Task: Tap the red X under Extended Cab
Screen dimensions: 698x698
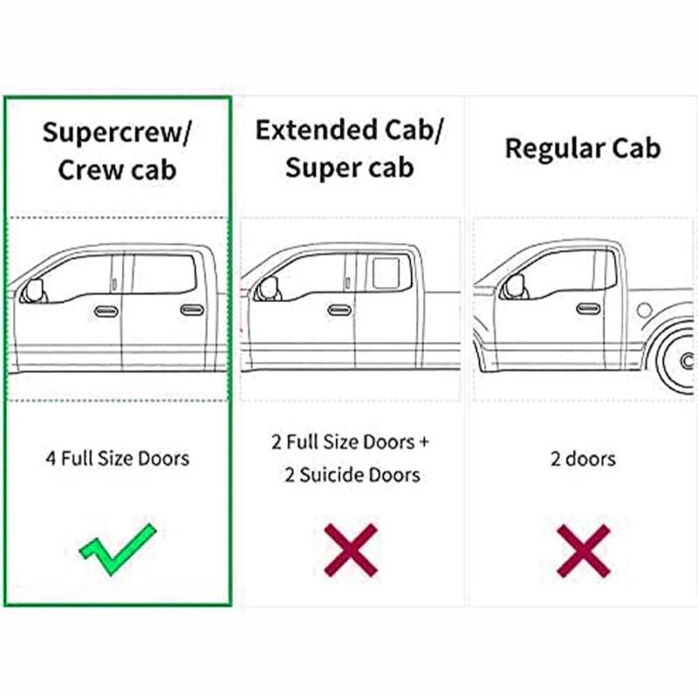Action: coord(351,551)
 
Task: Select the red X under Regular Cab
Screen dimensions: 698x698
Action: coord(583,551)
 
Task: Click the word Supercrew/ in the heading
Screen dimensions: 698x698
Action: coord(117,133)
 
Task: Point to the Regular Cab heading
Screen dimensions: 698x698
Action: coord(583,148)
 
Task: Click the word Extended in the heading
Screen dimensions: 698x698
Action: coord(317,130)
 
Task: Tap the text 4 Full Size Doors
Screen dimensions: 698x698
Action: coord(118,459)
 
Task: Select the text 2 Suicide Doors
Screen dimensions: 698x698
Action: coord(352,475)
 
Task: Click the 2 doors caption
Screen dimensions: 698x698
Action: coord(583,459)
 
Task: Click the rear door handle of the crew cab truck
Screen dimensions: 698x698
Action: coord(192,310)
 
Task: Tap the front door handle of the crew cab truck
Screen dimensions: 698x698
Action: coord(106,311)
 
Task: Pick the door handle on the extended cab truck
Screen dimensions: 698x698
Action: coord(339,310)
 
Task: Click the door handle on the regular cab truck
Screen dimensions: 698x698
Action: coord(588,309)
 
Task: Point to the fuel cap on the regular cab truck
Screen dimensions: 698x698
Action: coord(644,310)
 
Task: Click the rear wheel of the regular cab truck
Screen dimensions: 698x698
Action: coord(677,359)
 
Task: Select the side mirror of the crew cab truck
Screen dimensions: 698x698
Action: coord(34,291)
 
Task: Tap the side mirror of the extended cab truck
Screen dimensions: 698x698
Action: coord(269,289)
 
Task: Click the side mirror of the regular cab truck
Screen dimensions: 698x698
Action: coord(515,286)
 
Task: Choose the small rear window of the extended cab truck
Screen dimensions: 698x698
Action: coord(386,273)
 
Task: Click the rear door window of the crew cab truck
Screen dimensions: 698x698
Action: coord(164,274)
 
